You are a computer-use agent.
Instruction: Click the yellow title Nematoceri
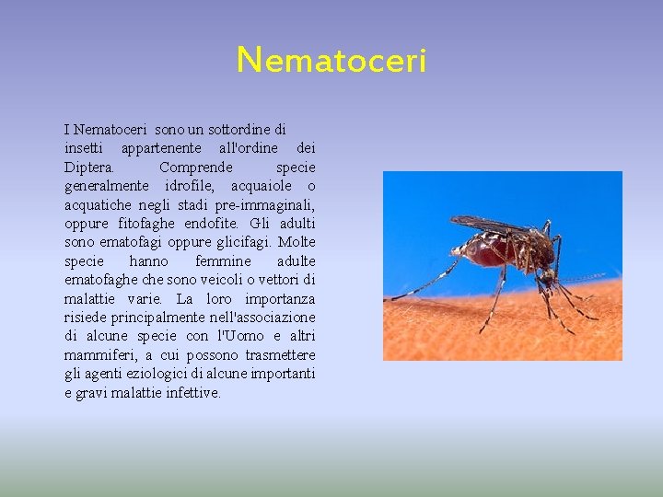331,61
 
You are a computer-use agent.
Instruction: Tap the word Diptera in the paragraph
89,168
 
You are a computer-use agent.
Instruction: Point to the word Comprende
196,168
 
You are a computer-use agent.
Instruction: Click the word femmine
223,261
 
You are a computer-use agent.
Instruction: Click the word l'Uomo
238,336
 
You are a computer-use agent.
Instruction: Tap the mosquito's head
549,273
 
